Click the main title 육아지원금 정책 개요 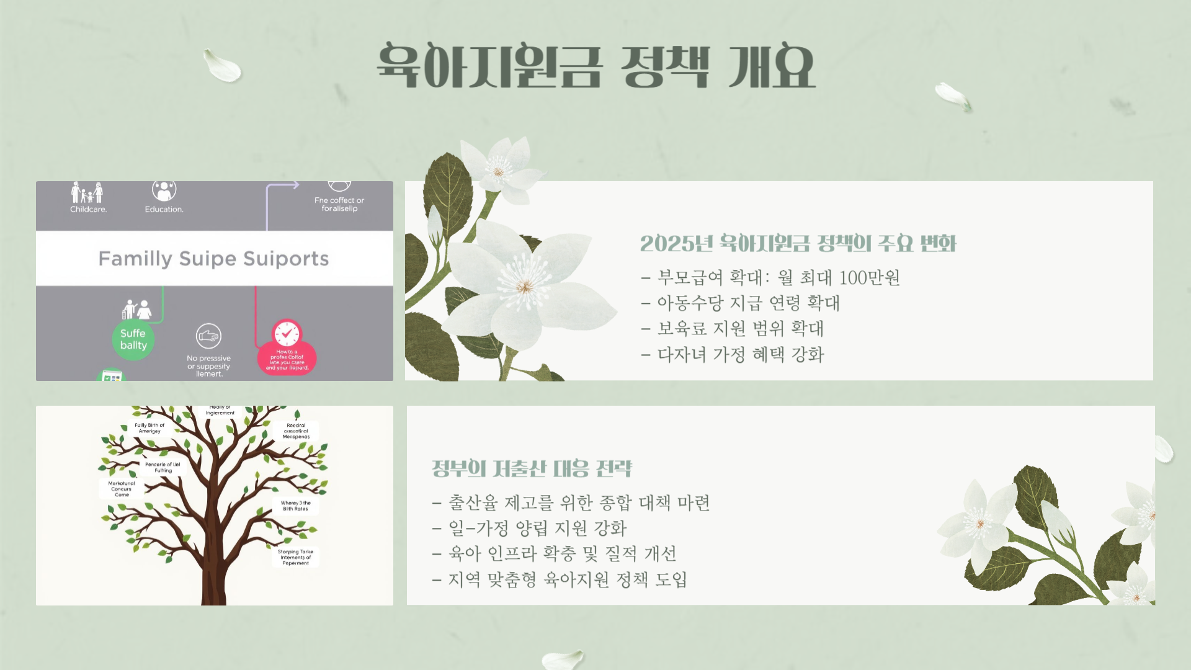pyautogui.click(x=595, y=66)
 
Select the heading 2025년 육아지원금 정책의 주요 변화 pyautogui.click(x=798, y=243)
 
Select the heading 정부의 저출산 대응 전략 pyautogui.click(x=532, y=468)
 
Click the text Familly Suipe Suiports pyautogui.click(x=213, y=259)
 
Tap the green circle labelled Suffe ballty pyautogui.click(x=133, y=339)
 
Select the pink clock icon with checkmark pyautogui.click(x=287, y=334)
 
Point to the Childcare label pyautogui.click(x=88, y=209)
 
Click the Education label pyautogui.click(x=164, y=209)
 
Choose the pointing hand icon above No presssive pyautogui.click(x=208, y=336)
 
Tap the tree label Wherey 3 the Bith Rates pyautogui.click(x=296, y=506)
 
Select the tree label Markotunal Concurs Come pyautogui.click(x=122, y=489)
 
